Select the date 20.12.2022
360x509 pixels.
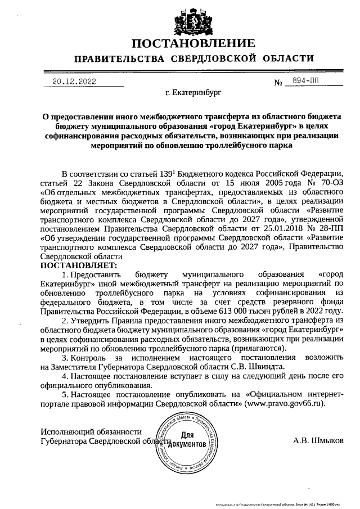(74, 81)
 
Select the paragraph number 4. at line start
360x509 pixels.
(65, 376)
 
